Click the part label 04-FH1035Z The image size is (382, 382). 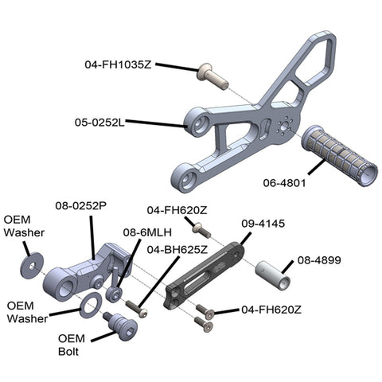[118, 64]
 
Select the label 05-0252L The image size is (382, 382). [99, 123]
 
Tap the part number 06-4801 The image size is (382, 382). [284, 183]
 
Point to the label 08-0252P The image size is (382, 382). [81, 205]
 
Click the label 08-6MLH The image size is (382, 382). [147, 232]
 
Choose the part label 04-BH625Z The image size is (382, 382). [177, 250]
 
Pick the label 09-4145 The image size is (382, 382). [263, 224]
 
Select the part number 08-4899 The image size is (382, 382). [319, 260]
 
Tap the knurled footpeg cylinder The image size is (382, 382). [340, 155]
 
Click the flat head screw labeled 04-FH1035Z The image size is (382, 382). [212, 76]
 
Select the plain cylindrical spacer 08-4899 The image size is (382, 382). [273, 275]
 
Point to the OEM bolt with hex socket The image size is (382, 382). [121, 326]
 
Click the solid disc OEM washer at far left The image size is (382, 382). [32, 266]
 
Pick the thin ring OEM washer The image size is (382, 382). [91, 305]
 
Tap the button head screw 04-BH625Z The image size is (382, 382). [136, 310]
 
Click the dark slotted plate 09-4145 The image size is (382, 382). [205, 276]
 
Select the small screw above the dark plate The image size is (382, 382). [201, 230]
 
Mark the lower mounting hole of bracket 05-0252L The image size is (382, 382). [189, 179]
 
